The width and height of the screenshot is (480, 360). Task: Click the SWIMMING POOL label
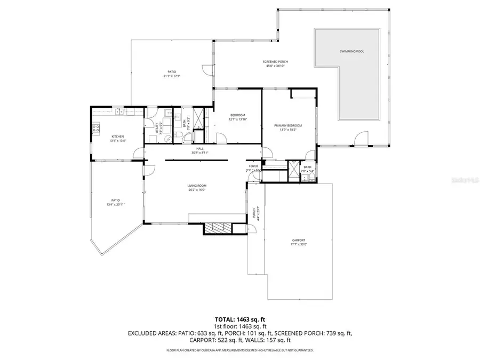coord(351,52)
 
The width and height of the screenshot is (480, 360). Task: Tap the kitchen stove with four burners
coord(97,128)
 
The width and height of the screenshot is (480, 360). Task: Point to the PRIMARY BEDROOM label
coord(288,125)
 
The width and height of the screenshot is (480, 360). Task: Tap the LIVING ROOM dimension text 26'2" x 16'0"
coord(196,190)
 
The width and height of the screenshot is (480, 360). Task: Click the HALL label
coord(200,149)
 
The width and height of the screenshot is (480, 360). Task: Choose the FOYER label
coord(253,166)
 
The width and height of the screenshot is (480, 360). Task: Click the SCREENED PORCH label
coord(275,62)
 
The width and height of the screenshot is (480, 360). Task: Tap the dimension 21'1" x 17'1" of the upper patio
coord(172,76)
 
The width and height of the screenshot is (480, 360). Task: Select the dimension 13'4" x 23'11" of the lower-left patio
coord(116,205)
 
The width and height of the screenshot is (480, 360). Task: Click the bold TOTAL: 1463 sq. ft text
coord(239,319)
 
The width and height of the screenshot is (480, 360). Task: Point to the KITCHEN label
coord(117,137)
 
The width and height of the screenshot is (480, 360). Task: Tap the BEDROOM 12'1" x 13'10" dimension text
coord(237,119)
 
